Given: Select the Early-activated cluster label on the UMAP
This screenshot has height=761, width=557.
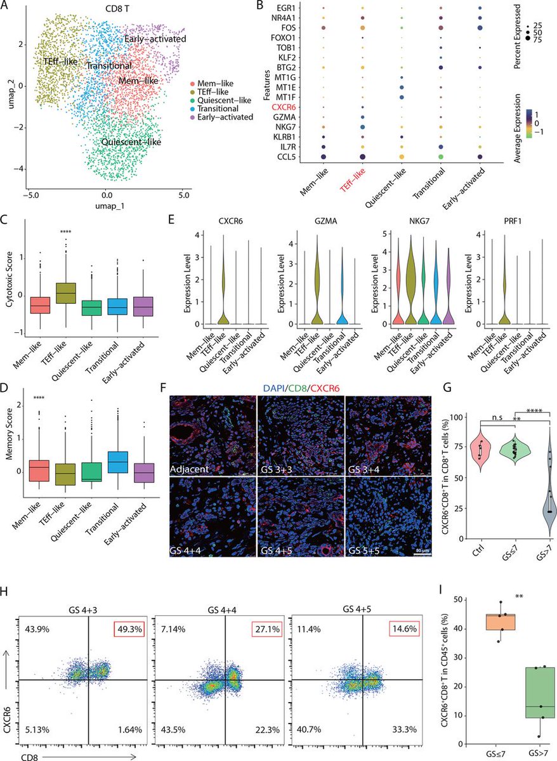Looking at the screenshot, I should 155,39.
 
